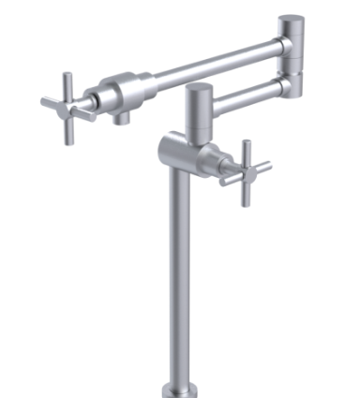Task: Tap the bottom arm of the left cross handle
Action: pos(70,130)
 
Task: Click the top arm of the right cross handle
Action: pos(247,151)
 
